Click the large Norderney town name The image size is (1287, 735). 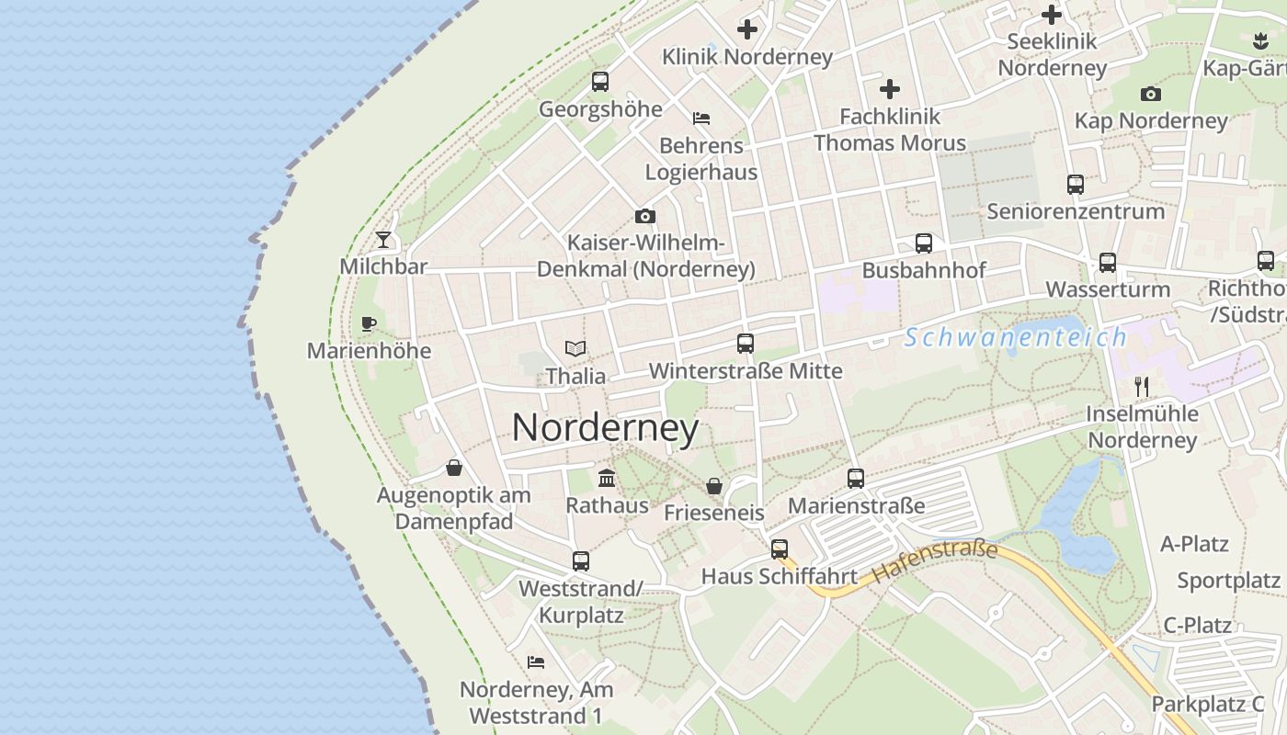(x=605, y=428)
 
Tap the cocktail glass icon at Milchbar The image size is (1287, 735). (x=383, y=240)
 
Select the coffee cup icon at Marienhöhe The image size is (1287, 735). (x=369, y=323)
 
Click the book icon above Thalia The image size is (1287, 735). (x=575, y=349)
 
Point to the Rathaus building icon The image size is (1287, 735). (x=607, y=478)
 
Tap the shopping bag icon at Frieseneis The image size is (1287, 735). (x=714, y=486)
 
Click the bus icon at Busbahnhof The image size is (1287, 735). (x=924, y=243)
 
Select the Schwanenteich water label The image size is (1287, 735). (x=1015, y=337)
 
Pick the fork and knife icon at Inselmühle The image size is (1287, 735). (x=1142, y=386)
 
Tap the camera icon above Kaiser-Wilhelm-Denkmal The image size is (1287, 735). (x=645, y=217)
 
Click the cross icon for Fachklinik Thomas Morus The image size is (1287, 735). (x=890, y=89)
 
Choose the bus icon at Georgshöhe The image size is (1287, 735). (x=600, y=82)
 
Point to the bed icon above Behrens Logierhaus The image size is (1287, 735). (x=701, y=119)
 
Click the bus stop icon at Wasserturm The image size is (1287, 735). (x=1108, y=263)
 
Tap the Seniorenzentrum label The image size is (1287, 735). (x=1076, y=211)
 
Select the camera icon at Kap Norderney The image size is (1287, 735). (x=1150, y=94)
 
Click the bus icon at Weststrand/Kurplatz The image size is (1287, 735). (x=581, y=561)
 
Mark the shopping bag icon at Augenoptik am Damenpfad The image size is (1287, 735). (x=454, y=469)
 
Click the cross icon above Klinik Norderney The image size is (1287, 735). (x=747, y=29)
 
